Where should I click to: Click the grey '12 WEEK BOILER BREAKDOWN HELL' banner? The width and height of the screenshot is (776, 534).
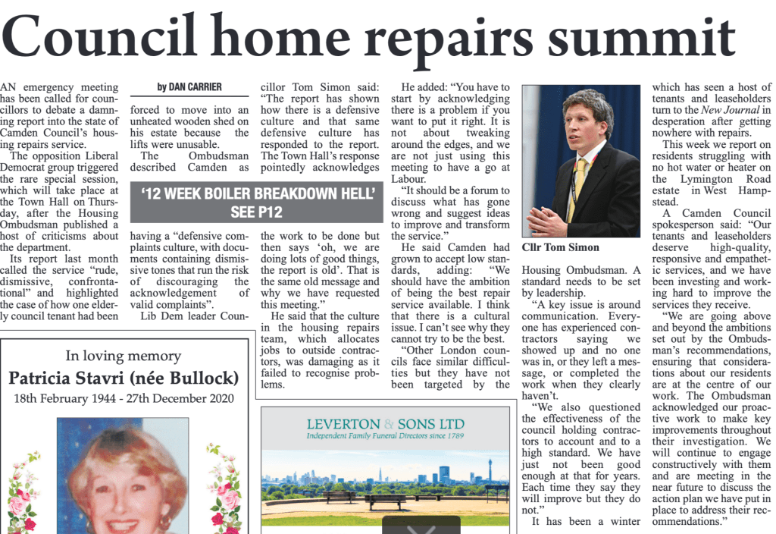pyautogui.click(x=258, y=202)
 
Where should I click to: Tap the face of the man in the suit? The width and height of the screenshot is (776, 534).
pyautogui.click(x=585, y=121)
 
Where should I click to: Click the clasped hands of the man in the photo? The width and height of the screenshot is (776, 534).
pyautogui.click(x=547, y=220)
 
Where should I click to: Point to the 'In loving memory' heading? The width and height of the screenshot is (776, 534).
pyautogui.click(x=124, y=356)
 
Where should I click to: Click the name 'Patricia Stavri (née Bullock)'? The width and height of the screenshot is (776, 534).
pyautogui.click(x=124, y=378)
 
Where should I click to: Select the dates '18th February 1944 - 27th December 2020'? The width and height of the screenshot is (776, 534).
pyautogui.click(x=124, y=398)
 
